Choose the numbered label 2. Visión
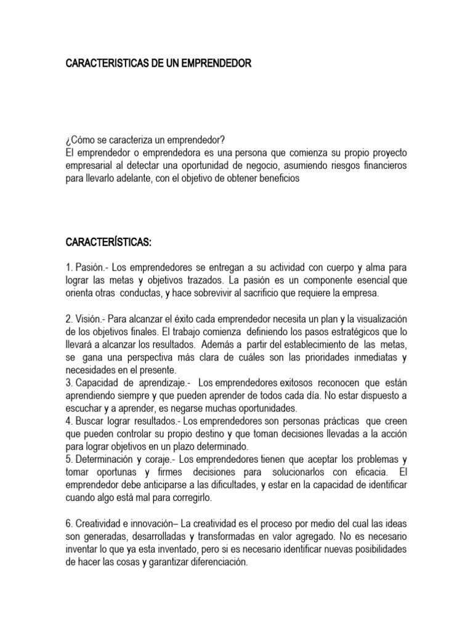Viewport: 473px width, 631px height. [84, 319]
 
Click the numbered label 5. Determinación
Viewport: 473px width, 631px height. [99, 459]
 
